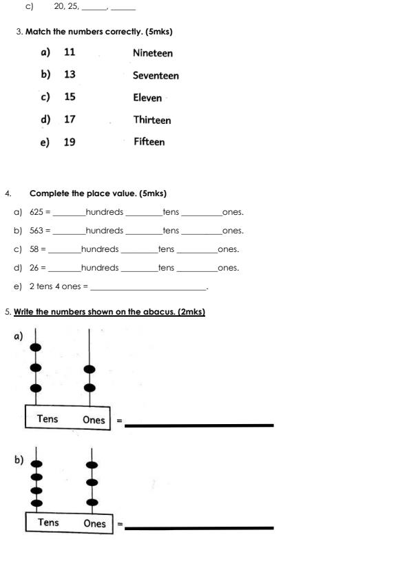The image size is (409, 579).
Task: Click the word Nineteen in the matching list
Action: click(153, 53)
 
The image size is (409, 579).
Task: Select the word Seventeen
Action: click(156, 76)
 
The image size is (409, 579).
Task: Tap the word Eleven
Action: click(147, 98)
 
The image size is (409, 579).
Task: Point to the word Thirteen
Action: click(152, 120)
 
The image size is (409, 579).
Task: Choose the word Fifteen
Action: click(149, 142)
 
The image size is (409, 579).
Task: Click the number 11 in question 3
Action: click(70, 52)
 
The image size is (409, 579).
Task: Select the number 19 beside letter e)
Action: click(70, 142)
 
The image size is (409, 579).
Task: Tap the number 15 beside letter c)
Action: click(70, 97)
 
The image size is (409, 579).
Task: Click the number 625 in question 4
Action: click(36, 212)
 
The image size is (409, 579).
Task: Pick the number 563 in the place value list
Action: click(36, 231)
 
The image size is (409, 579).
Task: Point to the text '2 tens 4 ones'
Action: click(54, 286)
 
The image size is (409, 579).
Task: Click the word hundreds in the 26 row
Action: click(100, 268)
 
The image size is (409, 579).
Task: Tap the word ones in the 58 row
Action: click(228, 249)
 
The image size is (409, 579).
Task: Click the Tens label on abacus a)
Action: click(48, 419)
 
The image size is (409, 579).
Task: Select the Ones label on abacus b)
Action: click(95, 523)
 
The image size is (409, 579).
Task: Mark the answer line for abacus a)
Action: click(199, 425)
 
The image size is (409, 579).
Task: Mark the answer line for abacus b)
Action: click(199, 527)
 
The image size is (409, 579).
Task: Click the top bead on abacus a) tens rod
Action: click(36, 347)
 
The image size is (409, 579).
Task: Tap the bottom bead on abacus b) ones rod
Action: click(92, 502)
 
